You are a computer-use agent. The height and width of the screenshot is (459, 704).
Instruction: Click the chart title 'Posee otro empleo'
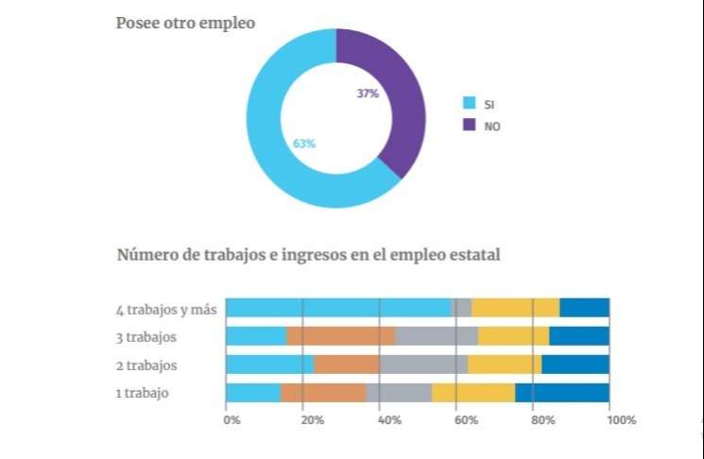point(185,23)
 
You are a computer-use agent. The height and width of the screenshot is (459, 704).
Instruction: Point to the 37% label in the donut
point(368,93)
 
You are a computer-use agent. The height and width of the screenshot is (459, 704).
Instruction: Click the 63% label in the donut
point(304,144)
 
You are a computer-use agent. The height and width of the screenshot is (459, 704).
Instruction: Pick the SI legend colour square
point(468,103)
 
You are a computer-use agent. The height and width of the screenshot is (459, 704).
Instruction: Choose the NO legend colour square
point(468,126)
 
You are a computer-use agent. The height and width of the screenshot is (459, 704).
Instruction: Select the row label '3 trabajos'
point(148,336)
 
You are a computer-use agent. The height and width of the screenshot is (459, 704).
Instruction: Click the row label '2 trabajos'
point(148,365)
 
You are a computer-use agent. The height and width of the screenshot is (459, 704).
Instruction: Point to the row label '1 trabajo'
point(143,393)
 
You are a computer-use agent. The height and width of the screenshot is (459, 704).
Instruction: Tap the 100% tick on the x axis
point(622,419)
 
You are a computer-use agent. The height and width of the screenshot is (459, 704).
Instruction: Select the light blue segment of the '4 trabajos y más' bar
point(338,307)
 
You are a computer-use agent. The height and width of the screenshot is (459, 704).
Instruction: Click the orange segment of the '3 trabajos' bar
point(340,335)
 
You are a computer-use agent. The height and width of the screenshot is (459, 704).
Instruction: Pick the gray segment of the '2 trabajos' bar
point(423,365)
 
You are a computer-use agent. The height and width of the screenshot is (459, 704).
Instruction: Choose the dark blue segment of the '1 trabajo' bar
point(561,393)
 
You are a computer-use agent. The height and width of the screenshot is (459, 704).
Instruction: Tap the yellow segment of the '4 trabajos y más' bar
point(515,307)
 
